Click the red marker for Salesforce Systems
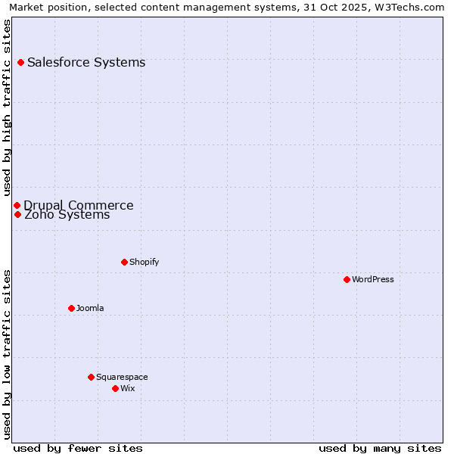pyautogui.click(x=20, y=62)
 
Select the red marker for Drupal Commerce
pyautogui.click(x=17, y=205)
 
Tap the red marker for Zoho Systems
pyautogui.click(x=17, y=214)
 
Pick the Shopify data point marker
pyautogui.click(x=124, y=262)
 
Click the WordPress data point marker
pyautogui.click(x=347, y=279)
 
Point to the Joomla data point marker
pyautogui.click(x=71, y=308)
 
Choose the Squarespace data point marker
pyautogui.click(x=91, y=377)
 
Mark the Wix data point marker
pyautogui.click(x=115, y=388)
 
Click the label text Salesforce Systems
pyautogui.click(x=86, y=62)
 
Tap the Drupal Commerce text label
pyautogui.click(x=79, y=205)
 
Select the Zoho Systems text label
pyautogui.click(x=67, y=215)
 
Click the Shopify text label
pyautogui.click(x=144, y=262)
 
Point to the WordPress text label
pyautogui.click(x=373, y=279)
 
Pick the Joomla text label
pyautogui.click(x=90, y=308)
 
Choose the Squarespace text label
pyautogui.click(x=122, y=377)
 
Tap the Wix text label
pyautogui.click(x=127, y=388)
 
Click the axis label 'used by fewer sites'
pyautogui.click(x=78, y=448)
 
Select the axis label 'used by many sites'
pyautogui.click(x=380, y=448)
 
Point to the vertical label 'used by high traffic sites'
pyautogui.click(x=7, y=107)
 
